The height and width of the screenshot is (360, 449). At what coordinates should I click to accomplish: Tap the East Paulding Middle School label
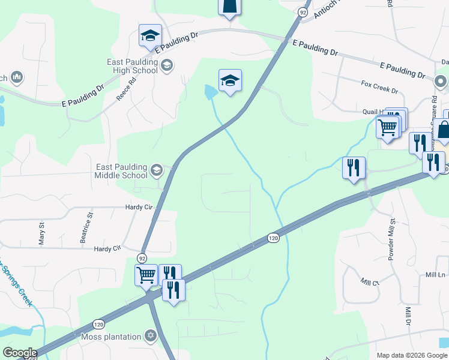[121, 171]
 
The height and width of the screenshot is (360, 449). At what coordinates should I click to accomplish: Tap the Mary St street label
[42, 231]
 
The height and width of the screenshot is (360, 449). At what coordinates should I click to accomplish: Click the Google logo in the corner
[20, 353]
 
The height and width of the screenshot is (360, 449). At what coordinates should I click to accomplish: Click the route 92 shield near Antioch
[302, 11]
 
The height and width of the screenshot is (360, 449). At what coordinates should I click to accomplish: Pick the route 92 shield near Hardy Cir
[142, 257]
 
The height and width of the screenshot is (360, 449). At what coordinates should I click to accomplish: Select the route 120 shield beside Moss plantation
[98, 324]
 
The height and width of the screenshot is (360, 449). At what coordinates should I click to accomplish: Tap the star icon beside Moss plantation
[151, 337]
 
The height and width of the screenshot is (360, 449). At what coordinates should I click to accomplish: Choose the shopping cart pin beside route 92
[146, 275]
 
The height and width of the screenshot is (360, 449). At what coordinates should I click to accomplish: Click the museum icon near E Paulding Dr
[16, 77]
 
